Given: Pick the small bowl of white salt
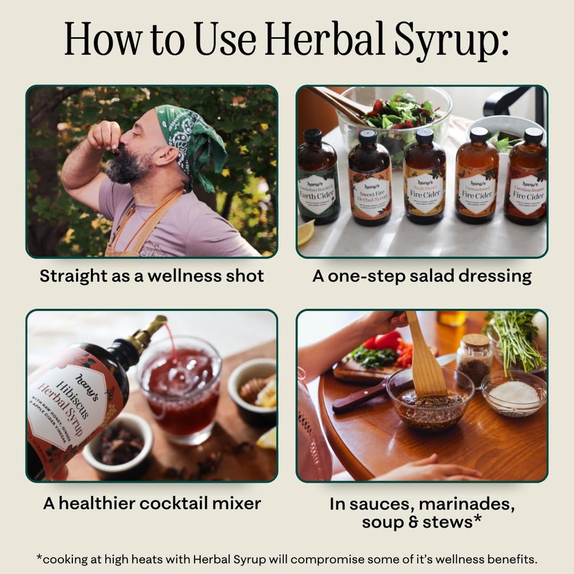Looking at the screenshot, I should coord(513,392).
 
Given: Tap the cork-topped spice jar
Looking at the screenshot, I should coord(474,359).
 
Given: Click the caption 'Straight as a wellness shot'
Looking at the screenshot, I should coord(151,276).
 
